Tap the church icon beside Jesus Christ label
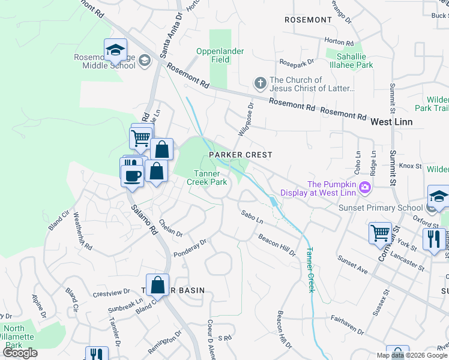point(260,82)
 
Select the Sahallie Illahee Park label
point(349,61)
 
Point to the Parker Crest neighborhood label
point(241,155)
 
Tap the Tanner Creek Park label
point(207,178)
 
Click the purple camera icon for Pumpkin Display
point(364,189)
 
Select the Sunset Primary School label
point(380,208)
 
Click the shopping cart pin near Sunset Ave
point(380,232)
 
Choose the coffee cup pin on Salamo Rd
point(133,175)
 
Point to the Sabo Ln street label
point(252,217)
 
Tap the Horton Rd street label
point(339,42)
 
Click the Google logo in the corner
point(20,353)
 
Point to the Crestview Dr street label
point(112,293)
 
